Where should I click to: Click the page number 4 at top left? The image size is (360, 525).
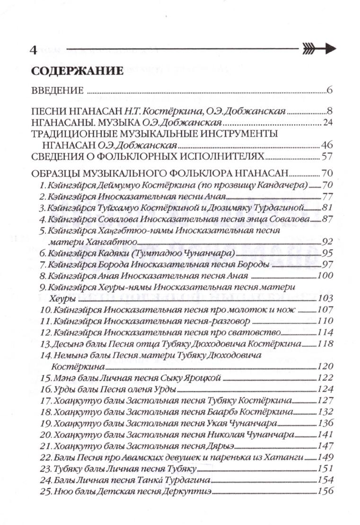tap(33, 50)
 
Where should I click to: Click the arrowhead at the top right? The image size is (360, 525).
tap(329, 48)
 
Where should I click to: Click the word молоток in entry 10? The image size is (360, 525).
tap(249, 310)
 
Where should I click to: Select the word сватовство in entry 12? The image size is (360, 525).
tap(258, 333)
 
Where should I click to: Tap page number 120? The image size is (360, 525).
tap(326, 367)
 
